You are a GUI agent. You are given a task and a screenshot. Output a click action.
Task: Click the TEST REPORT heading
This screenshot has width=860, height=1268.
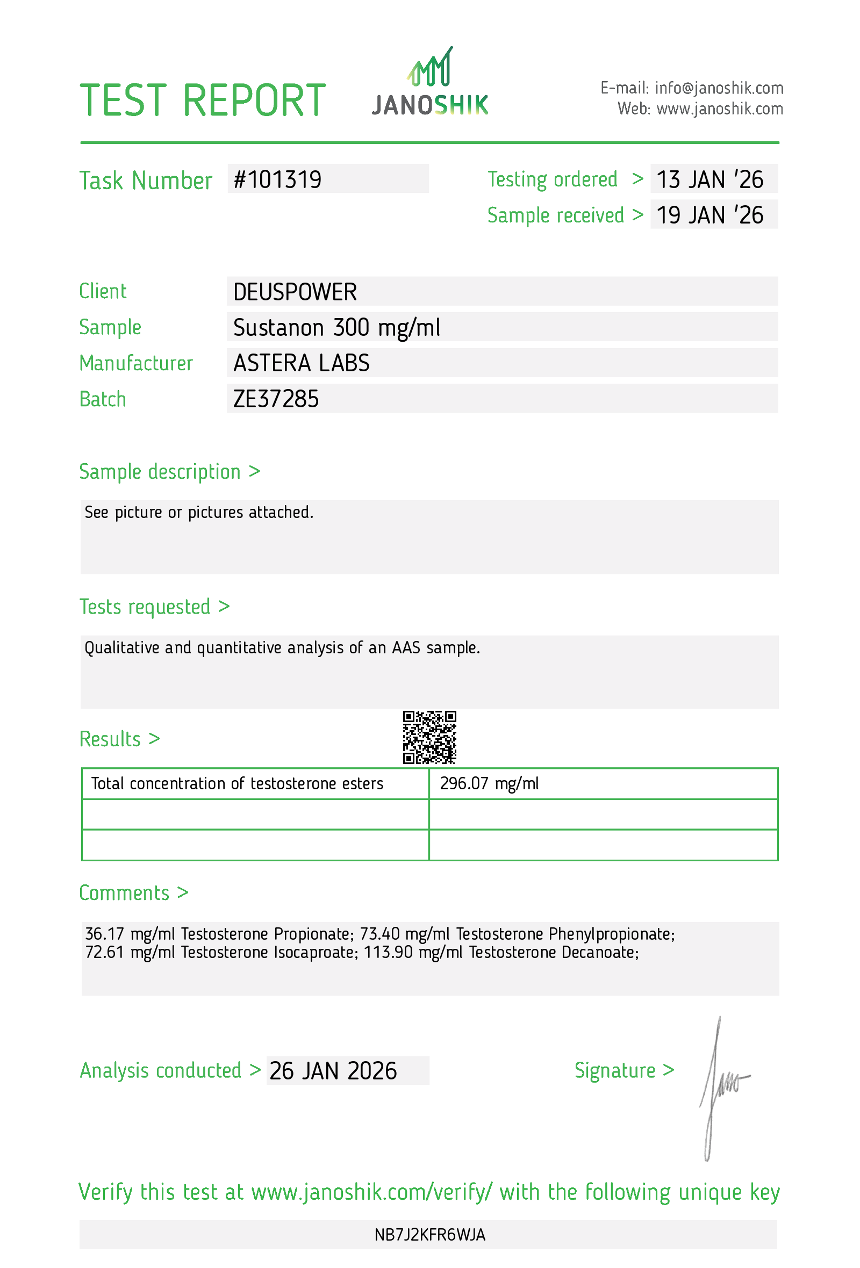(203, 101)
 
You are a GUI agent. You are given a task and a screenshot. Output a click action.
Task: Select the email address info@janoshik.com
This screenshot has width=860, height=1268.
(719, 88)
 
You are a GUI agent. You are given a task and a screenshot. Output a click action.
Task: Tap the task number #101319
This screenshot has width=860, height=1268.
(277, 179)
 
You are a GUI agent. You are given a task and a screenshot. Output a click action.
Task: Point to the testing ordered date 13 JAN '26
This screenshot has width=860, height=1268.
(709, 179)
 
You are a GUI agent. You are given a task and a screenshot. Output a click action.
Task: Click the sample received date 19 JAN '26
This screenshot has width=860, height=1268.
(709, 215)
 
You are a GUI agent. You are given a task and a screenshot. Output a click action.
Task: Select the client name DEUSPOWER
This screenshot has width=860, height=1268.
(295, 292)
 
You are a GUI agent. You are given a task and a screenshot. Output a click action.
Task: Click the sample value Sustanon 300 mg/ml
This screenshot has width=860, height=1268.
(336, 327)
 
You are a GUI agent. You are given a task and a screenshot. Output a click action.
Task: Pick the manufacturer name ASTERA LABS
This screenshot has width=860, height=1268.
(301, 363)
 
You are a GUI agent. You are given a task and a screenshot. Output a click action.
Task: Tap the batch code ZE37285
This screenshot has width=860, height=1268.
(276, 399)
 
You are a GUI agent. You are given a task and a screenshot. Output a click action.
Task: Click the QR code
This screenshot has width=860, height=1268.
(429, 737)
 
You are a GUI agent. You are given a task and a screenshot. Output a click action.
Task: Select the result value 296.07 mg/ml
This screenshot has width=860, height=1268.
(489, 783)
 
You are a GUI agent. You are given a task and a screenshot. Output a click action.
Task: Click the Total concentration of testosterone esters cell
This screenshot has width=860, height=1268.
(237, 783)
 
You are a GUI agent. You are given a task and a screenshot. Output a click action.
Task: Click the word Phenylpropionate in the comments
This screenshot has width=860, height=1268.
(611, 934)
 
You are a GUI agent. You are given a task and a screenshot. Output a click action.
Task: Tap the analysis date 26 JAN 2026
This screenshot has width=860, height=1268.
(333, 1070)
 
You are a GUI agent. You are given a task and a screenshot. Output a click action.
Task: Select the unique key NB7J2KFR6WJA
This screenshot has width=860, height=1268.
(429, 1235)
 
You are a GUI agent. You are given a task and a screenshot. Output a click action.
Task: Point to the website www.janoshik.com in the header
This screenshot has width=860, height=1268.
(719, 109)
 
